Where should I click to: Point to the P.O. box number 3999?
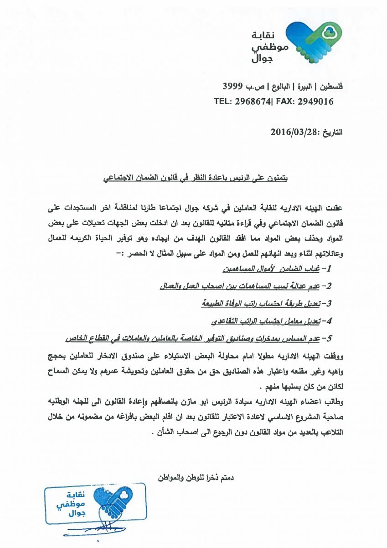(232, 86)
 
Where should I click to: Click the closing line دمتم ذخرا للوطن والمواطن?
(196, 478)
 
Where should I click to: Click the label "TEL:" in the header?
(223, 101)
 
